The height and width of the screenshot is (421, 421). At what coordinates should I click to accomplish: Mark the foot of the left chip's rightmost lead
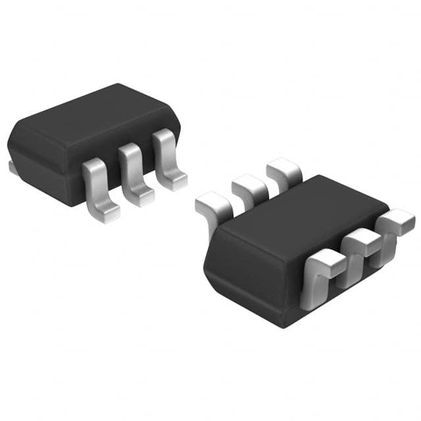click(x=175, y=180)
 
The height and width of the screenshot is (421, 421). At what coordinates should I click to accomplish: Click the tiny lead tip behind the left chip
click(x=12, y=168)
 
